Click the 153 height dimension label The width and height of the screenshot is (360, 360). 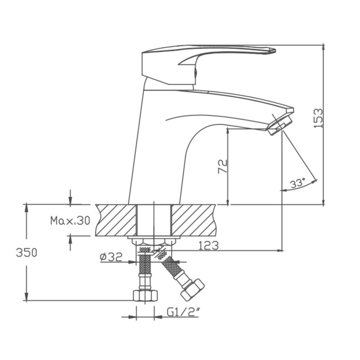318,118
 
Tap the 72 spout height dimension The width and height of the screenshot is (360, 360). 222,166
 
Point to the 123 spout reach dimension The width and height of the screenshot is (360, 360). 208,245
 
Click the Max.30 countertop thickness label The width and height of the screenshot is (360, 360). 70,220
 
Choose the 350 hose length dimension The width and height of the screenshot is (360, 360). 27,253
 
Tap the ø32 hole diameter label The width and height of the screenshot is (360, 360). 111,257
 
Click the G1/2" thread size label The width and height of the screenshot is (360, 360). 183,312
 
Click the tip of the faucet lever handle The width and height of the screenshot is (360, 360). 275,50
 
